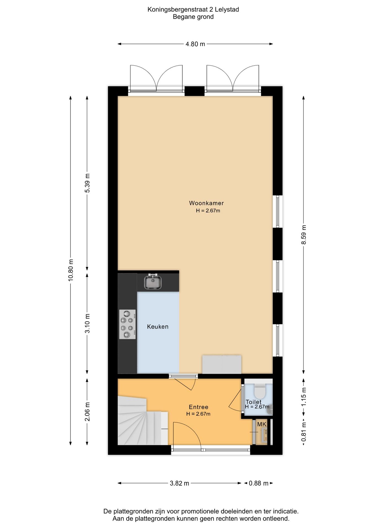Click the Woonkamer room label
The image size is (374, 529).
[x=206, y=203]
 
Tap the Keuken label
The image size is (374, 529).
[x=158, y=326]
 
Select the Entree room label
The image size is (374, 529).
[x=198, y=407]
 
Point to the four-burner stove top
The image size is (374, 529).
[x=127, y=324]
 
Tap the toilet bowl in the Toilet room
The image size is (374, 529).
[x=259, y=391]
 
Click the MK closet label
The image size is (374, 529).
[x=262, y=424]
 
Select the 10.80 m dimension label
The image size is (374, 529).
[x=71, y=270]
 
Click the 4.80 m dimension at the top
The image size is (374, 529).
[x=195, y=44]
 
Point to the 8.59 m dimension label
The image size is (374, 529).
[x=303, y=234]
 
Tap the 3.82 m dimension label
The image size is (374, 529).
[x=179, y=483]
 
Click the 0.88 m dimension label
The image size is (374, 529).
[x=258, y=483]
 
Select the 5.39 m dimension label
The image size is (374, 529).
[x=87, y=183]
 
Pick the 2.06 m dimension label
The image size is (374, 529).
[x=87, y=411]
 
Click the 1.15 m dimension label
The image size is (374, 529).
[x=303, y=397]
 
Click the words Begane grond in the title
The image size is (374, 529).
[x=193, y=17]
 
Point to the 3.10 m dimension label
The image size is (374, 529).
[x=87, y=323]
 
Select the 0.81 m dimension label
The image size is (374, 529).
[x=303, y=432]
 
